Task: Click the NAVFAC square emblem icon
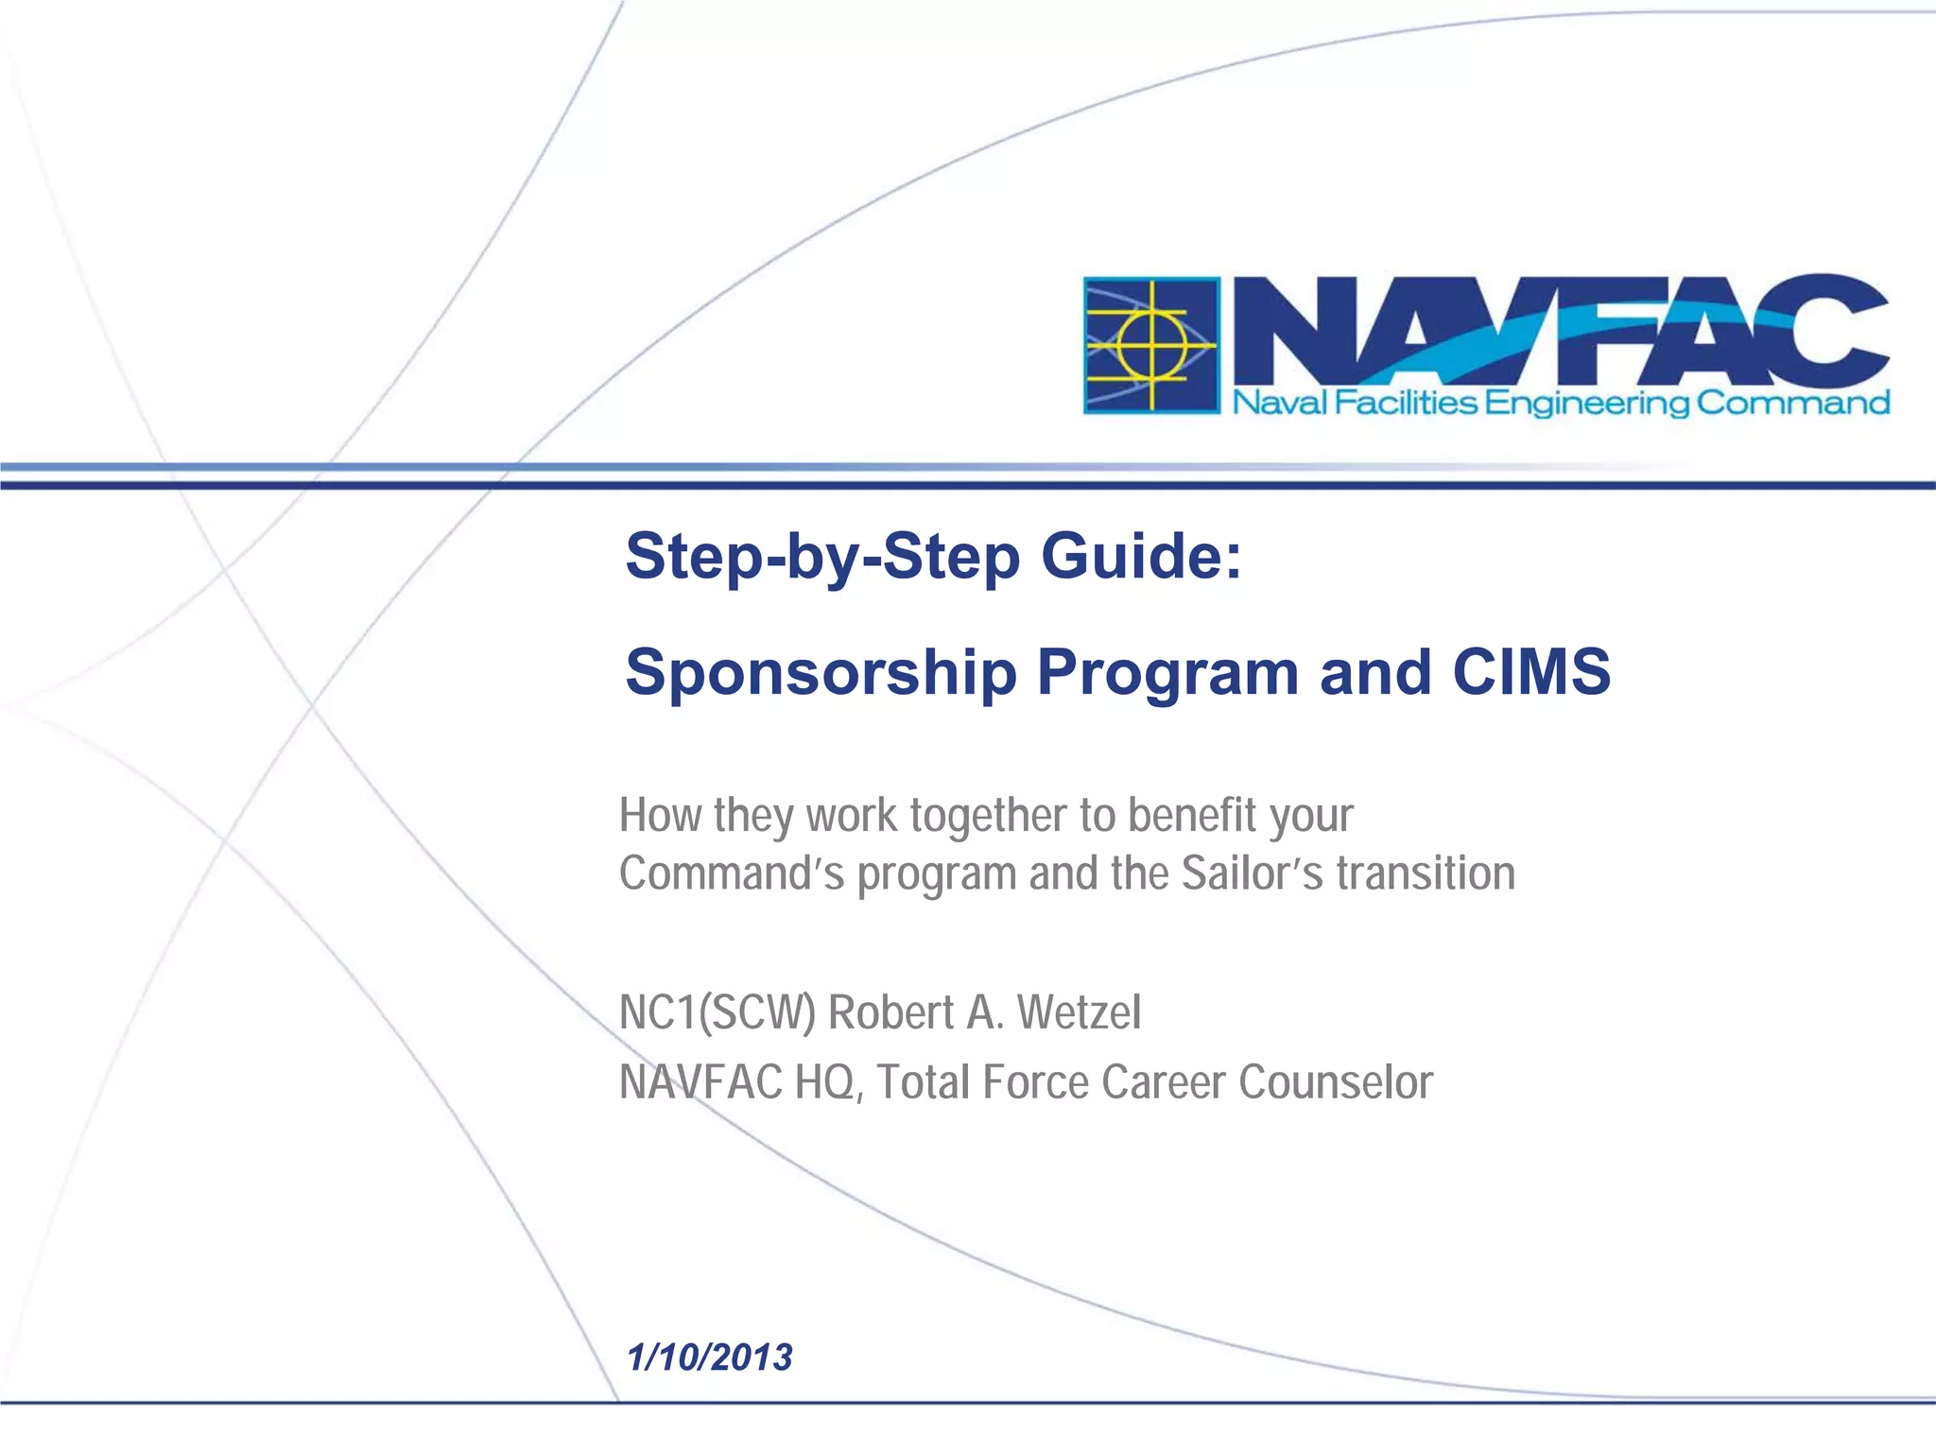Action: pos(1151,345)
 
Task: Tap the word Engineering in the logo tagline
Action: pos(1586,405)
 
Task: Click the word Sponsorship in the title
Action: pos(821,673)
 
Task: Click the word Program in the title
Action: pos(1167,673)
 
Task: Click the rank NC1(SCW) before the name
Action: pos(717,1013)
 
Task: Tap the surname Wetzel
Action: pos(1079,1012)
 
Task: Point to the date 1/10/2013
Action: pos(709,1357)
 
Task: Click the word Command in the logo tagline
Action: pos(1792,404)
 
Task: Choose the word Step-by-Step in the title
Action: pos(822,556)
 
